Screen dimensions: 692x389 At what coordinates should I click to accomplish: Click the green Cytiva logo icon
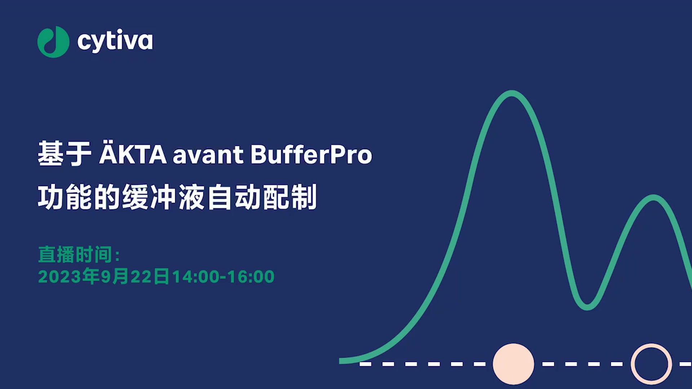click(53, 42)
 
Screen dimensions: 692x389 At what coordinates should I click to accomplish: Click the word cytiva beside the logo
click(115, 41)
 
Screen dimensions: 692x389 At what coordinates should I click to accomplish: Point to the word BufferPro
click(311, 154)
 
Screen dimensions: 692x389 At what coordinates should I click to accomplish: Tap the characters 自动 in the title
click(234, 197)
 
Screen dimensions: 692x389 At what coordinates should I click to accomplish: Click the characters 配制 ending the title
click(290, 197)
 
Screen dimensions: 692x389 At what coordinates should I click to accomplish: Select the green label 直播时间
click(75, 255)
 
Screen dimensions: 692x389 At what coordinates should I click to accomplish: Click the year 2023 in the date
click(60, 277)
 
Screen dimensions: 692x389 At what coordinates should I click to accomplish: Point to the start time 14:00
click(196, 277)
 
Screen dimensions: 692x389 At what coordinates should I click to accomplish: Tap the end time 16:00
click(251, 277)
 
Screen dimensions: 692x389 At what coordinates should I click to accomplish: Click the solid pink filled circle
click(513, 364)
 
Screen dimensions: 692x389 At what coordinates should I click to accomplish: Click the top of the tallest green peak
click(512, 93)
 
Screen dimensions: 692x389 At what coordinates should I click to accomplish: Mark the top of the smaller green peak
click(653, 198)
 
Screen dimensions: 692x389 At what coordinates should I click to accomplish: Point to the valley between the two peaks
click(587, 307)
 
